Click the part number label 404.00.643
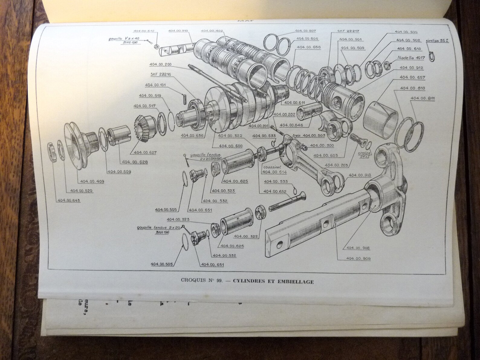pos(69,200)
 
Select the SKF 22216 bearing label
pos(159,74)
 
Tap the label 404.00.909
pos(358,258)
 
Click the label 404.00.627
pos(145,153)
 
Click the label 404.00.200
pos(160,64)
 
